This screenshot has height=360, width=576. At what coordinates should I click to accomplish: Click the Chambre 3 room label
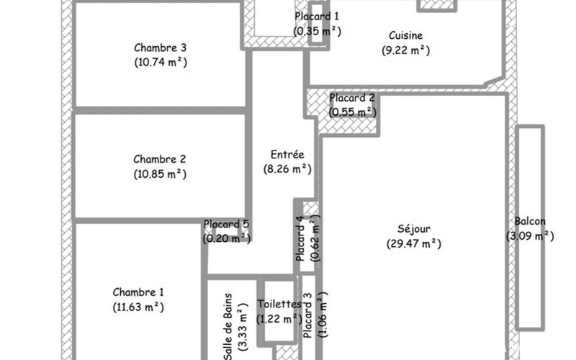160,48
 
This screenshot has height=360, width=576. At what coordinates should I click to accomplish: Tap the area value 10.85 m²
160,174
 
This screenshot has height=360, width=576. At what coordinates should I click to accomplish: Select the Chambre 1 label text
138,292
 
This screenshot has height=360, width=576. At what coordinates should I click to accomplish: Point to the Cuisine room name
406,35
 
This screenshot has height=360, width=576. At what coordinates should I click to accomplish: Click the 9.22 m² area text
406,50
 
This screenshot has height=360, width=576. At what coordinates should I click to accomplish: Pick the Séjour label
413,228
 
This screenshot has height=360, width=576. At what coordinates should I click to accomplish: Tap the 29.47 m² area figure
413,243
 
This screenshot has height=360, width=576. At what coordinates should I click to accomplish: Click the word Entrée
287,154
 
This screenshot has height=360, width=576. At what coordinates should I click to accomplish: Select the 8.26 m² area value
287,169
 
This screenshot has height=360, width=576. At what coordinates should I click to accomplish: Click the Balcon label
530,221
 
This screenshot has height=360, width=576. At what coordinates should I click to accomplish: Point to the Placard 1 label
317,16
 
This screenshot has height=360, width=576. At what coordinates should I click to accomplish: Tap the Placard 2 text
352,98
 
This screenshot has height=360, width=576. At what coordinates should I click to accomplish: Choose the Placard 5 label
226,224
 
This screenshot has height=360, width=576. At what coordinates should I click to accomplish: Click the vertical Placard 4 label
300,238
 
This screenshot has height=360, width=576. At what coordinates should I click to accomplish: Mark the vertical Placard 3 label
308,315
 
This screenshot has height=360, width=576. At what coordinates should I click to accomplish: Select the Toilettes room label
279,304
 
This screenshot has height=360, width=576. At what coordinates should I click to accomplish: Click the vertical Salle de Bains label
228,327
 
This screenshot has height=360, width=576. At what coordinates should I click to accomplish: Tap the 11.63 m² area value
138,307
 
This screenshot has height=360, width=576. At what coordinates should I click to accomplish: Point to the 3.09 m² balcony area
530,236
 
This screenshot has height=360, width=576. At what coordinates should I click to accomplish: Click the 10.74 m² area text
161,62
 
